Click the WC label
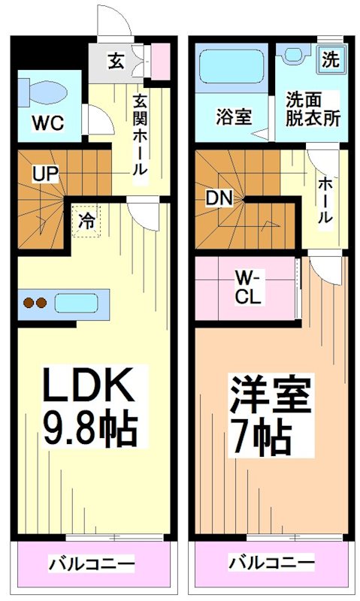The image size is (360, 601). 48,123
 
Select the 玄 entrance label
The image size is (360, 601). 116,61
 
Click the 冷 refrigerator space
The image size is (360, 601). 86,221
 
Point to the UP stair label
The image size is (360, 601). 45,174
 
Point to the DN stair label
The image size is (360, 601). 219,198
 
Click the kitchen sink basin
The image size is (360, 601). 76,303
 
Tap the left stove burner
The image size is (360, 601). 29,303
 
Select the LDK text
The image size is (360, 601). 89,385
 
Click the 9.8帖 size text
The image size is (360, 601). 90,428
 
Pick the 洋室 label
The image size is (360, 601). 270,394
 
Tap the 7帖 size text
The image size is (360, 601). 259,436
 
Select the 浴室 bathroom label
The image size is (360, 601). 234,116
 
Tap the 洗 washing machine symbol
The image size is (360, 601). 331,59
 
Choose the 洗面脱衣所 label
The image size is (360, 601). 313,110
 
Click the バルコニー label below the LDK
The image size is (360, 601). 91,563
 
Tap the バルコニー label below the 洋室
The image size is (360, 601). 271,563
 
